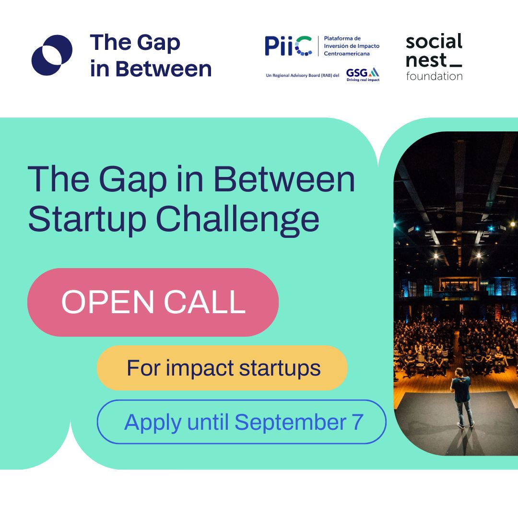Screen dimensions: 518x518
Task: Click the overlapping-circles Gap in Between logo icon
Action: click(x=52, y=55)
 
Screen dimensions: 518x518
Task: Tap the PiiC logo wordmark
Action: click(x=288, y=46)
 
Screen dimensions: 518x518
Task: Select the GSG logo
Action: click(x=363, y=74)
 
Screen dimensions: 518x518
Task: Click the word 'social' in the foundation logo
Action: click(x=434, y=41)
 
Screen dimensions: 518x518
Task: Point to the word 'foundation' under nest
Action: click(x=434, y=76)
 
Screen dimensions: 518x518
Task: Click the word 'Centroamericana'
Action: click(x=347, y=54)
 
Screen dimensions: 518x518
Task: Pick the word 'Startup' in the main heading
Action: click(x=87, y=219)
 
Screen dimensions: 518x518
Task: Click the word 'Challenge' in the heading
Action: click(x=237, y=219)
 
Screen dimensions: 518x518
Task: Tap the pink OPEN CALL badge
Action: click(x=153, y=302)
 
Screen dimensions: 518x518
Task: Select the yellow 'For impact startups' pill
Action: click(x=222, y=368)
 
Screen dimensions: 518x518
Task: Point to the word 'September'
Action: click(x=290, y=423)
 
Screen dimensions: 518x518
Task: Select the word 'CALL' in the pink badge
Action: click(x=204, y=302)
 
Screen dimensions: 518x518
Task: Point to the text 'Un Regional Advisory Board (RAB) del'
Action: click(x=303, y=75)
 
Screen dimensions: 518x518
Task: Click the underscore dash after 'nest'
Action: click(x=456, y=66)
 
